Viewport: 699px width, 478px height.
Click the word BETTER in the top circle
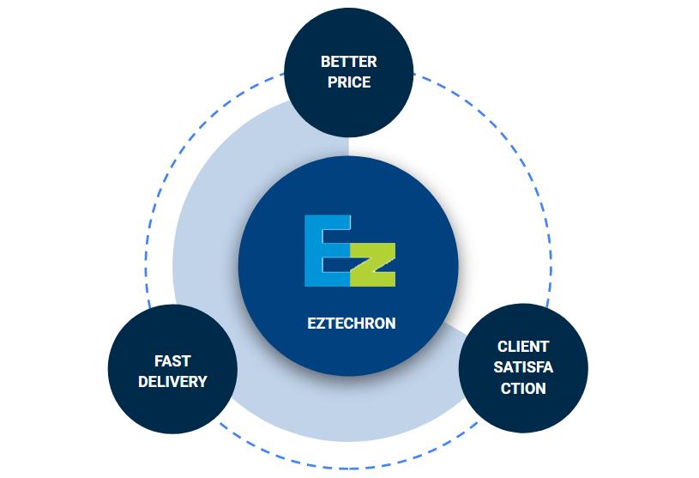[x=348, y=62]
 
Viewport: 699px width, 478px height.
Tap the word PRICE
[x=348, y=82]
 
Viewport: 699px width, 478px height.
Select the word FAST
[x=172, y=360]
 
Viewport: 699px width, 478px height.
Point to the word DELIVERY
[x=172, y=381]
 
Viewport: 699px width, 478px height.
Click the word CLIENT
[x=523, y=347]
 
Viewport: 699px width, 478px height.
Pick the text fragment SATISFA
[x=523, y=367]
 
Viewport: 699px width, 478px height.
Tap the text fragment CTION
[x=523, y=388]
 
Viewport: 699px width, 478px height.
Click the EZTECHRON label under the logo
[x=352, y=324]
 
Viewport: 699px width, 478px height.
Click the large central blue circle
[x=283, y=283]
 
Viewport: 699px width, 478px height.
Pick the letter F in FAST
[x=159, y=360]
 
